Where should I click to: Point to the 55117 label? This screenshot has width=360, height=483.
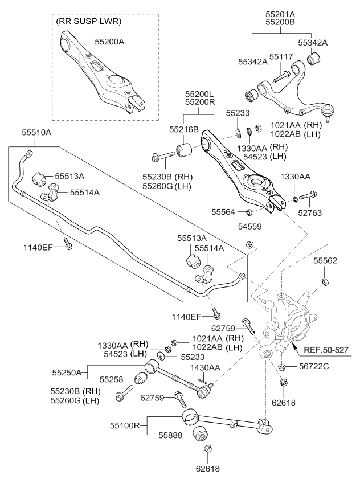pos(281,57)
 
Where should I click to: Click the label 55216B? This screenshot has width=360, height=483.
pos(183,130)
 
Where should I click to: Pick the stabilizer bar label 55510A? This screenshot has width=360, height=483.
pos(36,132)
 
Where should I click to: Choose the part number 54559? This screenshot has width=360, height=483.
pos(251,227)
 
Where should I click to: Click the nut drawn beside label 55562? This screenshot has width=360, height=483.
pos(325,281)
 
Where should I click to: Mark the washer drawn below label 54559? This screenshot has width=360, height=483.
pos(251,245)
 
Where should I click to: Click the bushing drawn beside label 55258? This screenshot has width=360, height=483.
pos(140,379)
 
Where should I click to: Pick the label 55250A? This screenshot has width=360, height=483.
pos(68,373)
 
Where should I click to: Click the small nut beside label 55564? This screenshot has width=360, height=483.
pos(249,212)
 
